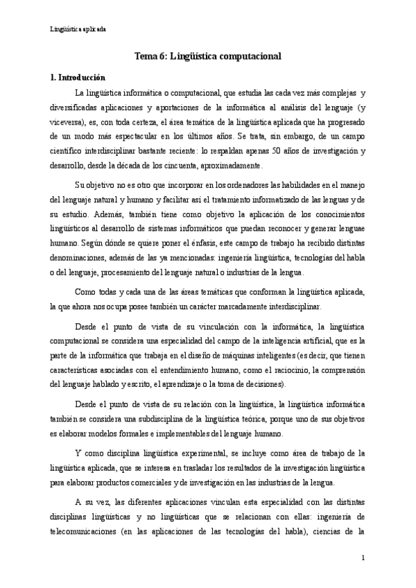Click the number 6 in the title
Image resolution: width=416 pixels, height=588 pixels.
[162, 58]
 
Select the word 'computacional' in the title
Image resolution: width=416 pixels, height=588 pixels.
[248, 58]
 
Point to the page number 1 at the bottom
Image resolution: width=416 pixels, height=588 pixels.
[363, 557]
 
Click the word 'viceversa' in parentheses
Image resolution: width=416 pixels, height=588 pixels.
[67, 122]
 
